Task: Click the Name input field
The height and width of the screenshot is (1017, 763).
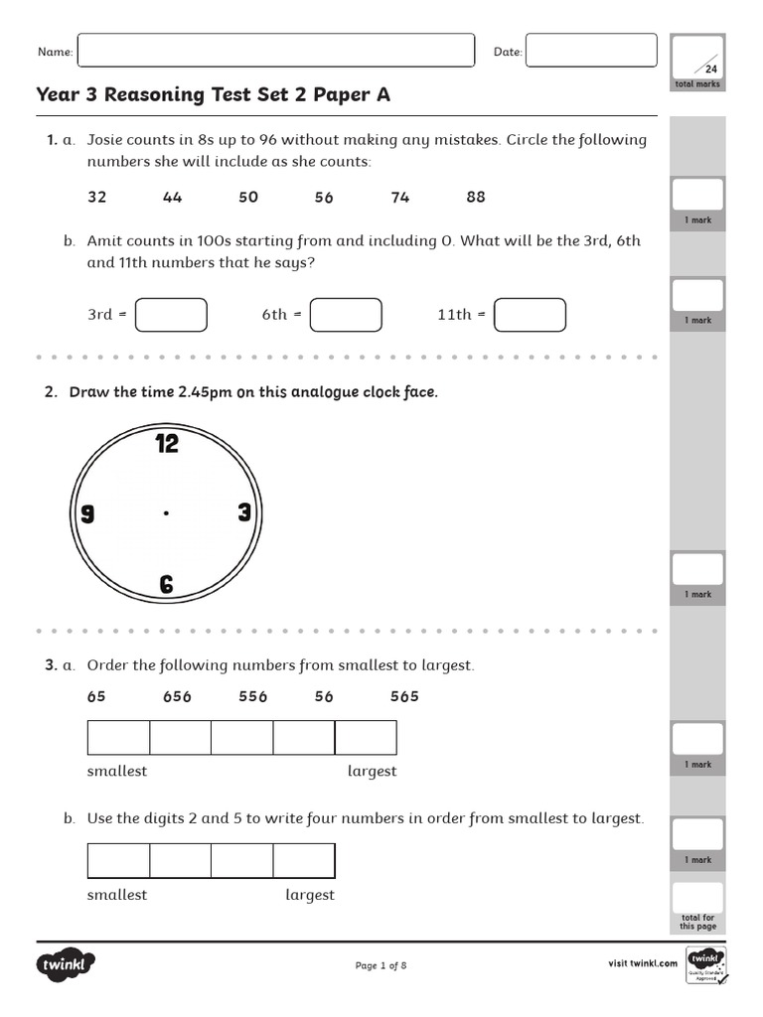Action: point(275,51)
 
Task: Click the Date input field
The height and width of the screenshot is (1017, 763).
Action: point(591,51)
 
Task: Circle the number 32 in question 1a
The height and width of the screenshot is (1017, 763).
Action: point(96,197)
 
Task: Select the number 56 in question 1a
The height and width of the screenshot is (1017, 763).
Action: point(324,197)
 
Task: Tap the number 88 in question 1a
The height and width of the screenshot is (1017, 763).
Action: point(476,197)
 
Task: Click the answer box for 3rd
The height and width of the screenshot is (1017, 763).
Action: point(171,315)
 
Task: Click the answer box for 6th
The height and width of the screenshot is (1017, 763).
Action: point(346,315)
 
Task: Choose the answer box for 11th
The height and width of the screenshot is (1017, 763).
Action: point(530,315)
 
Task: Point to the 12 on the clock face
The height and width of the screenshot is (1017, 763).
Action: point(167,444)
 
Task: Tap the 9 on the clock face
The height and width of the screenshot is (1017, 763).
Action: point(87,513)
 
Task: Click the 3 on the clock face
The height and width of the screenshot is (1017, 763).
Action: point(244,513)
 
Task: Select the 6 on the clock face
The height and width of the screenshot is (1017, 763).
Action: point(167,585)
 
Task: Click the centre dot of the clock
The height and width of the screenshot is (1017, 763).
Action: point(166,513)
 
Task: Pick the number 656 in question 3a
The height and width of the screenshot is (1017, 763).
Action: point(177,696)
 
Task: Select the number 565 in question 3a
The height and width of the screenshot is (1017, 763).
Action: point(404,696)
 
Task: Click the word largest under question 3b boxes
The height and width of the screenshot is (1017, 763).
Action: point(310,895)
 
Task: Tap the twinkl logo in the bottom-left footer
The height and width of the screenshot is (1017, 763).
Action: point(67,964)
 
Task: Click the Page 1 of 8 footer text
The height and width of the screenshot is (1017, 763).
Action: point(381,965)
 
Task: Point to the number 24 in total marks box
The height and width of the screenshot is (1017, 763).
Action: point(710,69)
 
